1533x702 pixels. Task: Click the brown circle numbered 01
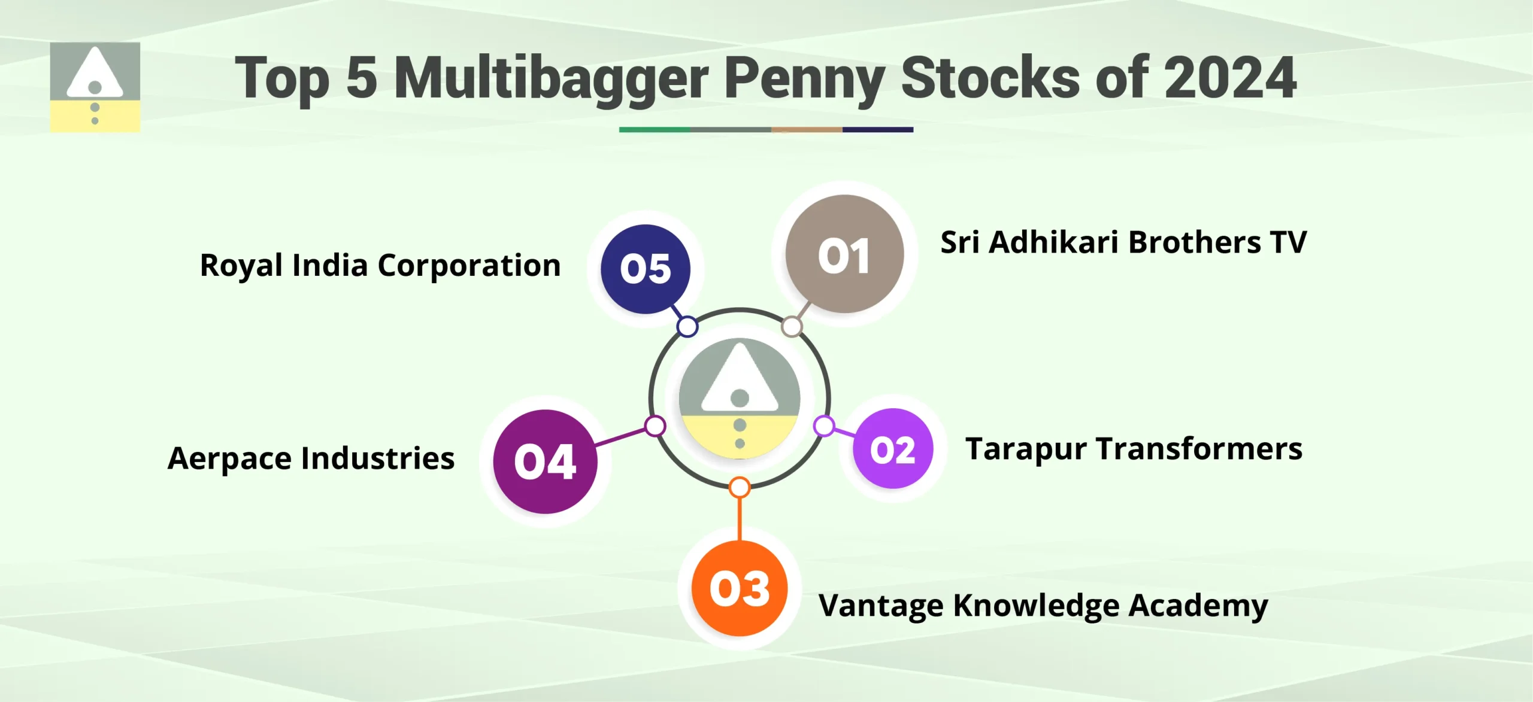844,254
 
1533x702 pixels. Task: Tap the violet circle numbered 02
893,449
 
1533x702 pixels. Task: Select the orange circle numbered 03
740,588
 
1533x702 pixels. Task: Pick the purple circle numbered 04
545,461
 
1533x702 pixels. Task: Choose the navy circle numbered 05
646,269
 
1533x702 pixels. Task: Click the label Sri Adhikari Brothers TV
1123,242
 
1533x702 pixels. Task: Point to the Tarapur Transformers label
1134,449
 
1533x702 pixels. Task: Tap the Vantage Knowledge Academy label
1043,606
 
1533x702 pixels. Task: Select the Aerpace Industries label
311,458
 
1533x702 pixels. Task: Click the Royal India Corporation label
380,265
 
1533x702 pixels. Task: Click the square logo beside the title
95,87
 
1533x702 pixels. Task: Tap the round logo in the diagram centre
740,399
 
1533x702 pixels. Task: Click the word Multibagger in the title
551,78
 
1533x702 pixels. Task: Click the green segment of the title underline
655,129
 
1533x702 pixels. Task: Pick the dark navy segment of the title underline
878,129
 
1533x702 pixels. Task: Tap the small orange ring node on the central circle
740,487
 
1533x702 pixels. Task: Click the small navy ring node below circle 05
687,327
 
